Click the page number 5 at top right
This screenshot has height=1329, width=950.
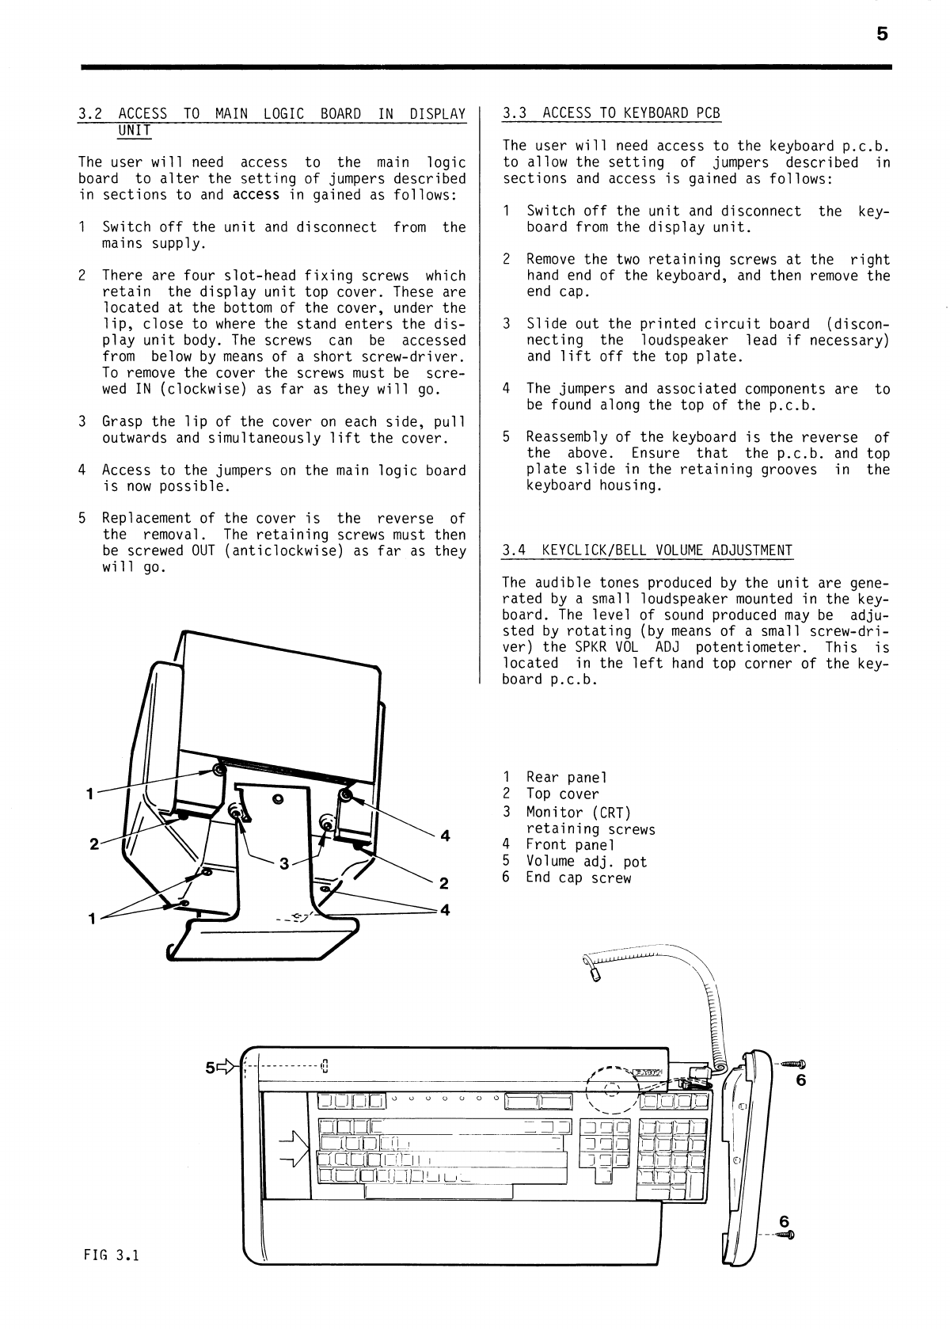point(882,34)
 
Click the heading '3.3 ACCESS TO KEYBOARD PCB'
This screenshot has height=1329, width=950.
point(611,112)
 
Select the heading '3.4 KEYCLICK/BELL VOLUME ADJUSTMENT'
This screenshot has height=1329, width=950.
point(648,550)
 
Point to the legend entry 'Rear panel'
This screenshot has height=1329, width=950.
point(566,778)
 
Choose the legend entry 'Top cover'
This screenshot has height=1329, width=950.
point(562,794)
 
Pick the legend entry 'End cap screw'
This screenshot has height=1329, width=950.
point(579,878)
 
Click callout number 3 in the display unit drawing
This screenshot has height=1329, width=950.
point(283,863)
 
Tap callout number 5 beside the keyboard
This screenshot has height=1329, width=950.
point(210,1068)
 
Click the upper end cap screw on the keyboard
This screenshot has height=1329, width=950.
point(793,1063)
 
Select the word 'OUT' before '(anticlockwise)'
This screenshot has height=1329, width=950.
point(203,551)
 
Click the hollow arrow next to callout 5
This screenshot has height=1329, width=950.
point(228,1067)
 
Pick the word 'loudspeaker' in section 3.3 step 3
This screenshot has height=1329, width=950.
point(684,341)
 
